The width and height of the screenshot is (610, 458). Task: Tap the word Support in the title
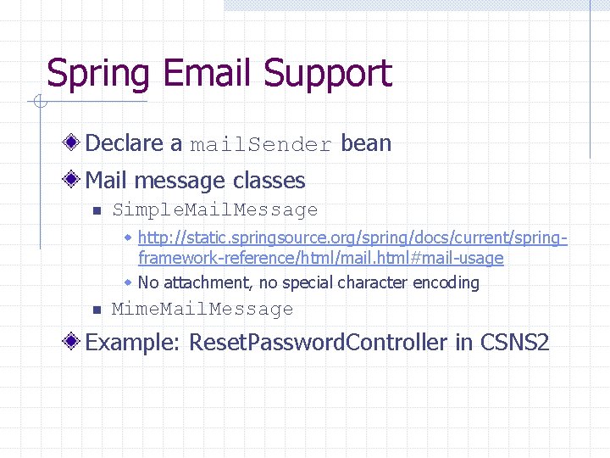[327, 74]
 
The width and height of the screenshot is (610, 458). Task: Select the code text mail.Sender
[261, 144]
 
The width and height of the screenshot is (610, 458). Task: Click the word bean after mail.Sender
[366, 143]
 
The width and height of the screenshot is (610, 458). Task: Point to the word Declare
[134, 143]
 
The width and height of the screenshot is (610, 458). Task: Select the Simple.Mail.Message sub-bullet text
[215, 209]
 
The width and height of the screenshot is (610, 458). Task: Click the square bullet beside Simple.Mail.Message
[97, 210]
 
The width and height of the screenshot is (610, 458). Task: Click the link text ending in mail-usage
[320, 258]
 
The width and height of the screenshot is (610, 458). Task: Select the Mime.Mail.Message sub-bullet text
[202, 309]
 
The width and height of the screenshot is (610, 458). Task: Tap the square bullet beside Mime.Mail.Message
[97, 310]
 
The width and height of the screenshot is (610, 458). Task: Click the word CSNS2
[515, 343]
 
